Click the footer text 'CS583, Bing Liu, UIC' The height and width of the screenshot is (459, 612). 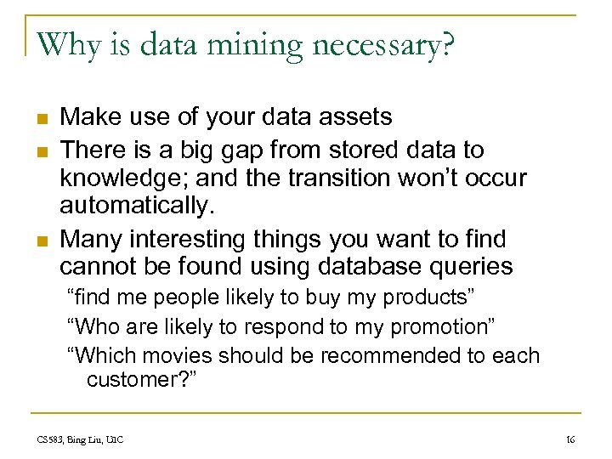pos(81,439)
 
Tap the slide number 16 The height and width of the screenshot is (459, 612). pos(570,439)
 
